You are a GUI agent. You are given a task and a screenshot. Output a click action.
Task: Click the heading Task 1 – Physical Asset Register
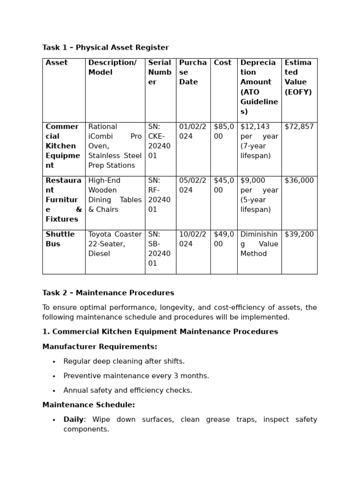pyautogui.click(x=105, y=47)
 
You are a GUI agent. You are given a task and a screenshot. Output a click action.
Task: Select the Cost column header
pyautogui.click(x=223, y=63)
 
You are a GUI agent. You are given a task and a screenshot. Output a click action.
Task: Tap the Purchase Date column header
pyautogui.click(x=193, y=72)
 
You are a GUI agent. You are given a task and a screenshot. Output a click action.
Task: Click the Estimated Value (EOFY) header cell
pyautogui.click(x=298, y=77)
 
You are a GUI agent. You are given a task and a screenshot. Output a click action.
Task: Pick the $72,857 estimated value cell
pyautogui.click(x=299, y=127)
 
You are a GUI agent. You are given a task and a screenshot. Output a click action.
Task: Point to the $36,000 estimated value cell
pyautogui.click(x=299, y=180)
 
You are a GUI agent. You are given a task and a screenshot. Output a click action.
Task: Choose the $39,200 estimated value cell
pyautogui.click(x=299, y=234)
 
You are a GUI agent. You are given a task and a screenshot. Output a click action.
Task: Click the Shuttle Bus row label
pyautogui.click(x=60, y=239)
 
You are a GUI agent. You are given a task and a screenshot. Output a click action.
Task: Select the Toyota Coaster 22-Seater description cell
pyautogui.click(x=115, y=244)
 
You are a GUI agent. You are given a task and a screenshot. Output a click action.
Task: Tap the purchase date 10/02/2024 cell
pyautogui.click(x=193, y=239)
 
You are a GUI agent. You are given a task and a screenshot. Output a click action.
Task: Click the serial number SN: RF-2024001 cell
pyautogui.click(x=160, y=195)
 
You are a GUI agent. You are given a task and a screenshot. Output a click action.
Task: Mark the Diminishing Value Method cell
pyautogui.click(x=259, y=244)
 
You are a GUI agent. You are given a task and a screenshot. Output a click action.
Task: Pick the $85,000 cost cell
pyautogui.click(x=224, y=132)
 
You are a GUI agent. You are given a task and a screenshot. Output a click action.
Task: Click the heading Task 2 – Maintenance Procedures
pyautogui.click(x=108, y=293)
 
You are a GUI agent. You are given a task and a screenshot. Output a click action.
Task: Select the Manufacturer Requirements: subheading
pyautogui.click(x=100, y=347)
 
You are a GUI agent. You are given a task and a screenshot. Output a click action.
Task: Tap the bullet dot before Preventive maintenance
pyautogui.click(x=54, y=376)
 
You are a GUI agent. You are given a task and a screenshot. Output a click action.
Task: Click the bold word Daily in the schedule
pyautogui.click(x=74, y=420)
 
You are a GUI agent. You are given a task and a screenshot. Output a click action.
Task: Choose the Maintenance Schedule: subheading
pyautogui.click(x=89, y=405)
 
